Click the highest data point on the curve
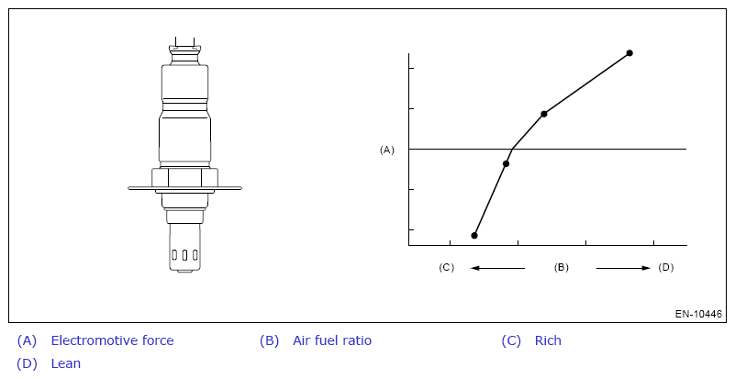coord(629,53)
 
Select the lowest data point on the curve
coord(474,236)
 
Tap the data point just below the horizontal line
coord(506,163)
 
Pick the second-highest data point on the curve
coord(544,114)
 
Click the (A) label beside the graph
coord(386,150)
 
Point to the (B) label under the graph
coord(561,267)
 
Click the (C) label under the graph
coord(446,267)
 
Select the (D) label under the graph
coord(665,267)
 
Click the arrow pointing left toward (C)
coord(497,268)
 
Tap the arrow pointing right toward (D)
coord(623,268)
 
